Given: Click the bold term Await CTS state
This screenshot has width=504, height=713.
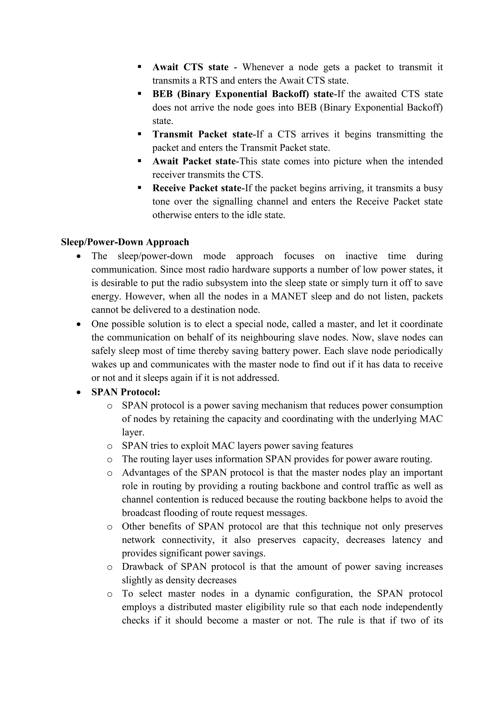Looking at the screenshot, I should (x=190, y=67).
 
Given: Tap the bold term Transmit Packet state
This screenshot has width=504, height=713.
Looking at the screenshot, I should (x=202, y=134).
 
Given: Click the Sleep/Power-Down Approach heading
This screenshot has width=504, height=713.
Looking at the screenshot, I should (x=125, y=242).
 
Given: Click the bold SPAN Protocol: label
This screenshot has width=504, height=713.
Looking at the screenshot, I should (x=126, y=392).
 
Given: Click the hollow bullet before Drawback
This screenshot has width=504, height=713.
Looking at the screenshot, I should (x=109, y=567).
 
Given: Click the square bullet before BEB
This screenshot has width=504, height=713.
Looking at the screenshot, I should (x=139, y=94).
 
